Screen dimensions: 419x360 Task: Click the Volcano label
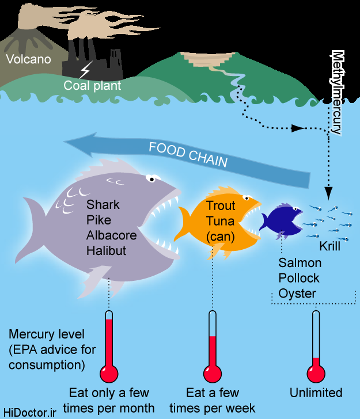28,59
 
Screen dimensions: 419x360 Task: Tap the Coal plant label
92,86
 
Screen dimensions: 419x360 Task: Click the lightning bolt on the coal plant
85,71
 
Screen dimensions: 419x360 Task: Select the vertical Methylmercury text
337,92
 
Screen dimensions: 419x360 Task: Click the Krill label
330,246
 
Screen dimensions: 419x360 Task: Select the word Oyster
297,293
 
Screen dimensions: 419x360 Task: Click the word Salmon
300,263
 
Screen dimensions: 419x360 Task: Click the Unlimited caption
316,393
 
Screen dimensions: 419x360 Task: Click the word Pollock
299,278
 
